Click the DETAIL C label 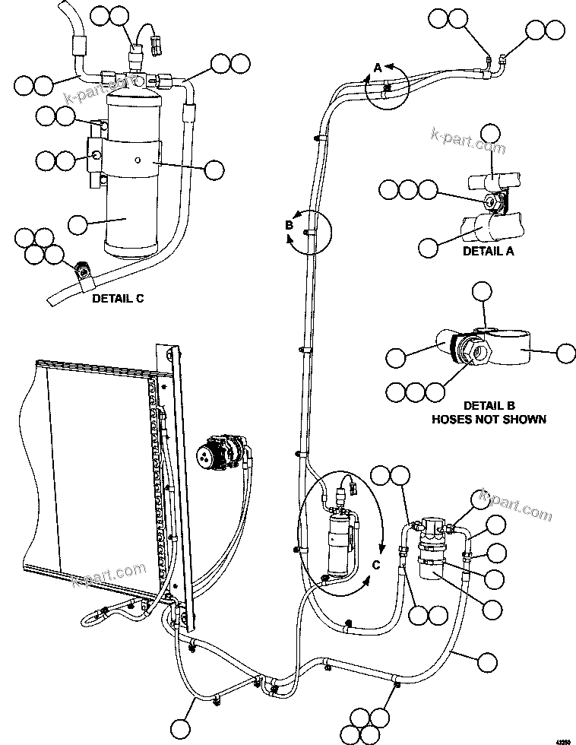click(118, 299)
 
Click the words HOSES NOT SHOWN click(489, 419)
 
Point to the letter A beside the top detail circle click(378, 68)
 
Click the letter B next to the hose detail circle click(289, 225)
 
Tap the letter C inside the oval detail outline click(375, 564)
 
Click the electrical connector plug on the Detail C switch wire click(158, 46)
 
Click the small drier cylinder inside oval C click(337, 544)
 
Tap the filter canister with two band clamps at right click(433, 555)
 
